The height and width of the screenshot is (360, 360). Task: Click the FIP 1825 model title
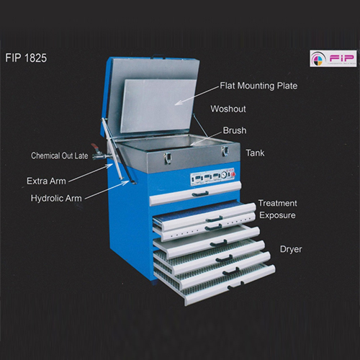26,58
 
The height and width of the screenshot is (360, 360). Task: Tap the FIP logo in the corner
333,58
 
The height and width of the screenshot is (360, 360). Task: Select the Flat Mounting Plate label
258,86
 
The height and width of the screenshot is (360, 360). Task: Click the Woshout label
228,109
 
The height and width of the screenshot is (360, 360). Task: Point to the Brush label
235,130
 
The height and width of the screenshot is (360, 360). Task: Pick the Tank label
255,153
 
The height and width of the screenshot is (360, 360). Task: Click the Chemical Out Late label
60,156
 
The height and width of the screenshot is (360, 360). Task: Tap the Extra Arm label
46,181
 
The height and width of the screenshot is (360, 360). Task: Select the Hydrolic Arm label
56,199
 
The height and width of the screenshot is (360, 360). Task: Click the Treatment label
277,203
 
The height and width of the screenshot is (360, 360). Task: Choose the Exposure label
277,215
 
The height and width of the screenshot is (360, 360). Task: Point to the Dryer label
291,249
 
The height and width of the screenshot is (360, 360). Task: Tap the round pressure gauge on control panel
225,174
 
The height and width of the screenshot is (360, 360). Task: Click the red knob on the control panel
232,172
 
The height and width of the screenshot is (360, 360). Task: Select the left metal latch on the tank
168,158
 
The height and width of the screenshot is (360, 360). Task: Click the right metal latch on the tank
225,150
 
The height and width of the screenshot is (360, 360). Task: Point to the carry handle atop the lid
158,56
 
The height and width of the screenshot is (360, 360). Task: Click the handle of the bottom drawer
235,286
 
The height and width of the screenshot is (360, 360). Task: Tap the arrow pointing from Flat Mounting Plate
197,95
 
